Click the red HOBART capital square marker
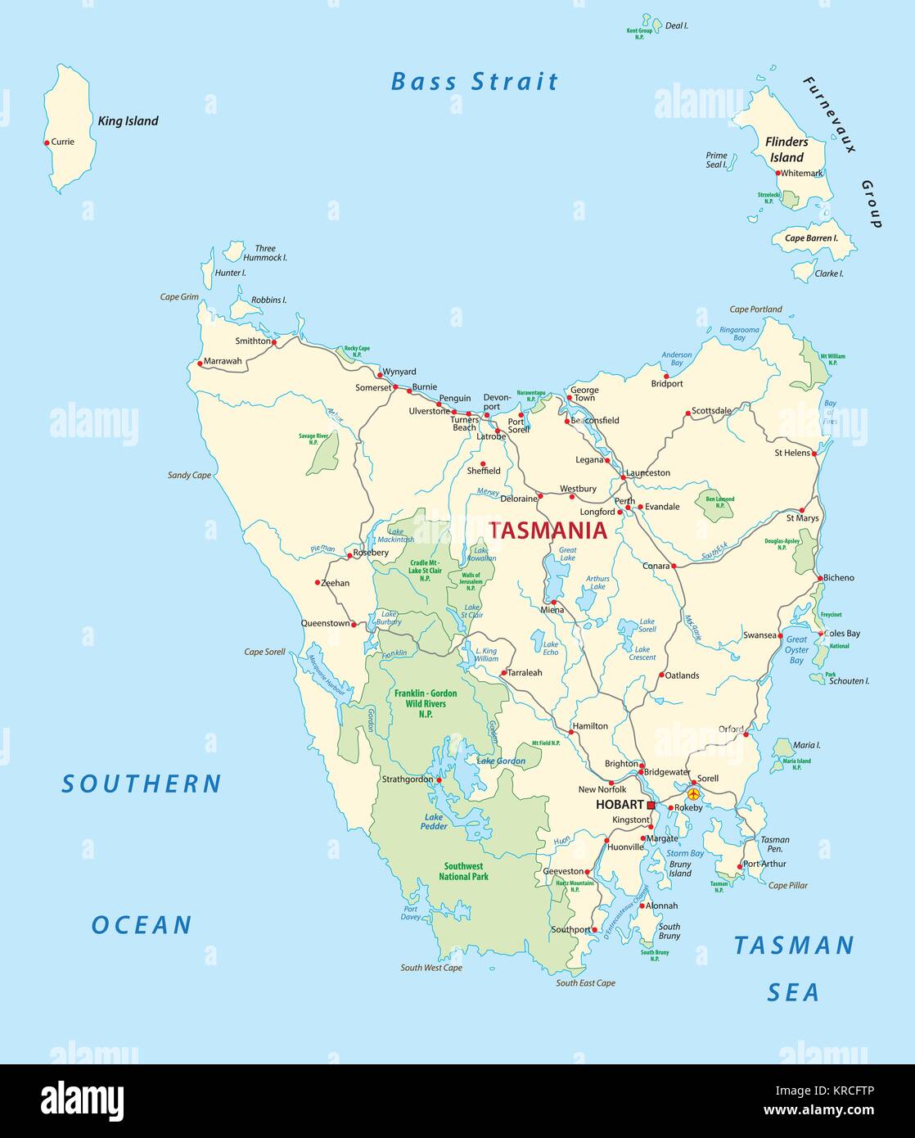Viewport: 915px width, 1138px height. click(x=651, y=806)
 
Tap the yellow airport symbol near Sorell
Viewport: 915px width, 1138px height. click(x=694, y=793)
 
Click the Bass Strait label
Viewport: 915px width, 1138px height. click(x=474, y=82)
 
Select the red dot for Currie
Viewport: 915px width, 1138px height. click(x=47, y=142)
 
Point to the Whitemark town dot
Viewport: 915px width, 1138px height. click(x=778, y=173)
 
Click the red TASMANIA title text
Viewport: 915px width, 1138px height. click(x=548, y=531)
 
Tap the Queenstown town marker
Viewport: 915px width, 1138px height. click(x=354, y=624)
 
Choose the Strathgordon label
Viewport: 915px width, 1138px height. click(x=407, y=779)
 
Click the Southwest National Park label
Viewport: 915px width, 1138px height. click(x=463, y=871)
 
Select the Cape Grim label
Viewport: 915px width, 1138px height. click(x=179, y=297)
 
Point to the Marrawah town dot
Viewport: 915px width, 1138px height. click(x=199, y=363)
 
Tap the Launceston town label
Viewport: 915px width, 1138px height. click(x=647, y=472)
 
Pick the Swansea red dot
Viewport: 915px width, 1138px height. click(x=778, y=635)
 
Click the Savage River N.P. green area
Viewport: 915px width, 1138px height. click(x=323, y=455)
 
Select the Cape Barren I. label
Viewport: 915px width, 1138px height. click(x=812, y=238)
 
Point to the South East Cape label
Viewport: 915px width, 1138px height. click(x=585, y=982)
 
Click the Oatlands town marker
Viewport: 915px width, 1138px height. click(x=661, y=675)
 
